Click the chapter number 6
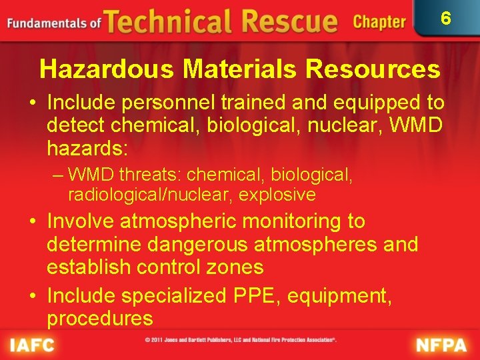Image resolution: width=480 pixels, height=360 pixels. (446, 19)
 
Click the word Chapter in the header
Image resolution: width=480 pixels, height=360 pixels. (379, 22)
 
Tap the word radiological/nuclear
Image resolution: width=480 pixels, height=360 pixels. (151, 195)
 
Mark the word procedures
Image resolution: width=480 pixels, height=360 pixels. (100, 318)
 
